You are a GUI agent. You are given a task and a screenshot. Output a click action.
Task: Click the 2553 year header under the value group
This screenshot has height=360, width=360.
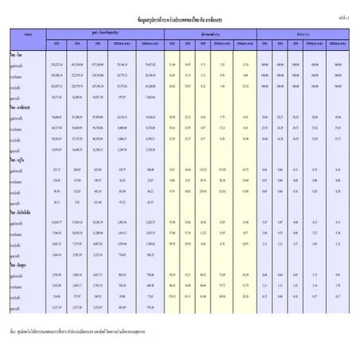[56, 41]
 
